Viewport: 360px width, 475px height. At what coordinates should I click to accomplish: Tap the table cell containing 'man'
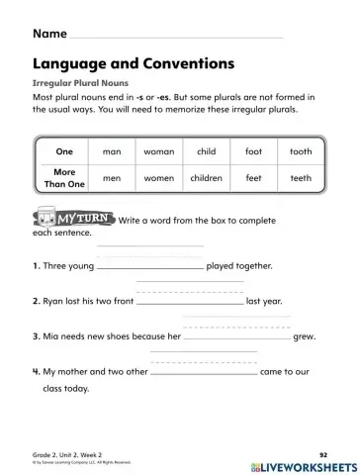pyautogui.click(x=112, y=151)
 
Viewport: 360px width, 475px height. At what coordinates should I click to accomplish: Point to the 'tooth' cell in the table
pyautogui.click(x=300, y=151)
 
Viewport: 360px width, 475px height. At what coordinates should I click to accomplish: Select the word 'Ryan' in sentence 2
pyautogui.click(x=54, y=301)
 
